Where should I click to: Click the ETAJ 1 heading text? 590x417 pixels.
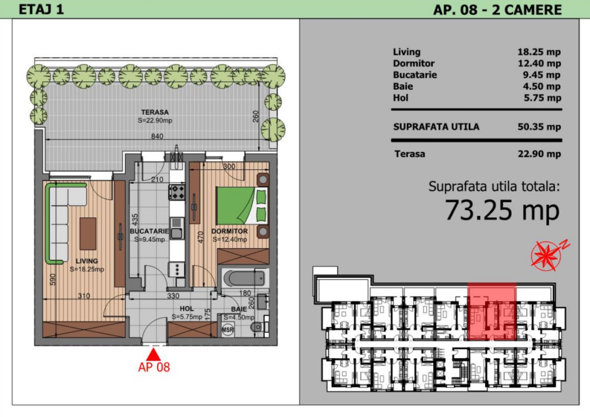pos(41,9)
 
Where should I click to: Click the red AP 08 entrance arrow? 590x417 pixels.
pos(153,355)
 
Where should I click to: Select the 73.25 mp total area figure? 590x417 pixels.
pos(502,210)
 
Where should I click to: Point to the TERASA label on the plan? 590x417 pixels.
pos(154,112)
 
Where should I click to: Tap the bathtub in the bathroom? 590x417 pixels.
pos(244,279)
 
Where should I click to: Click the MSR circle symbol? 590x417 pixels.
pos(228,330)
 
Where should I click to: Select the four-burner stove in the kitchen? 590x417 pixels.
pos(177,192)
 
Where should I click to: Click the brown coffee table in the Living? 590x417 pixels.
pos(88,233)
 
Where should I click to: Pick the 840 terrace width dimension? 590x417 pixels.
pos(157,136)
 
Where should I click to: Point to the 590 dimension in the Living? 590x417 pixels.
pos(52,279)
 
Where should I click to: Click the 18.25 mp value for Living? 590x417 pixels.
pos(539,52)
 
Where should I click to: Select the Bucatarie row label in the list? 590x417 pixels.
pos(415,75)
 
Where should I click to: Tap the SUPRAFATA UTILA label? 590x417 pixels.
pos(436,127)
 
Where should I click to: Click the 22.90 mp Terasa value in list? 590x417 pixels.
pos(539,154)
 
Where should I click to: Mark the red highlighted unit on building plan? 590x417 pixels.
pos(492,312)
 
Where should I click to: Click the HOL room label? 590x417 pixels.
pos(187,309)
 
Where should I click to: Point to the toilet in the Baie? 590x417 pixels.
pos(258,326)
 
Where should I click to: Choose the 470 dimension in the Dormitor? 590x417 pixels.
pos(201,237)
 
